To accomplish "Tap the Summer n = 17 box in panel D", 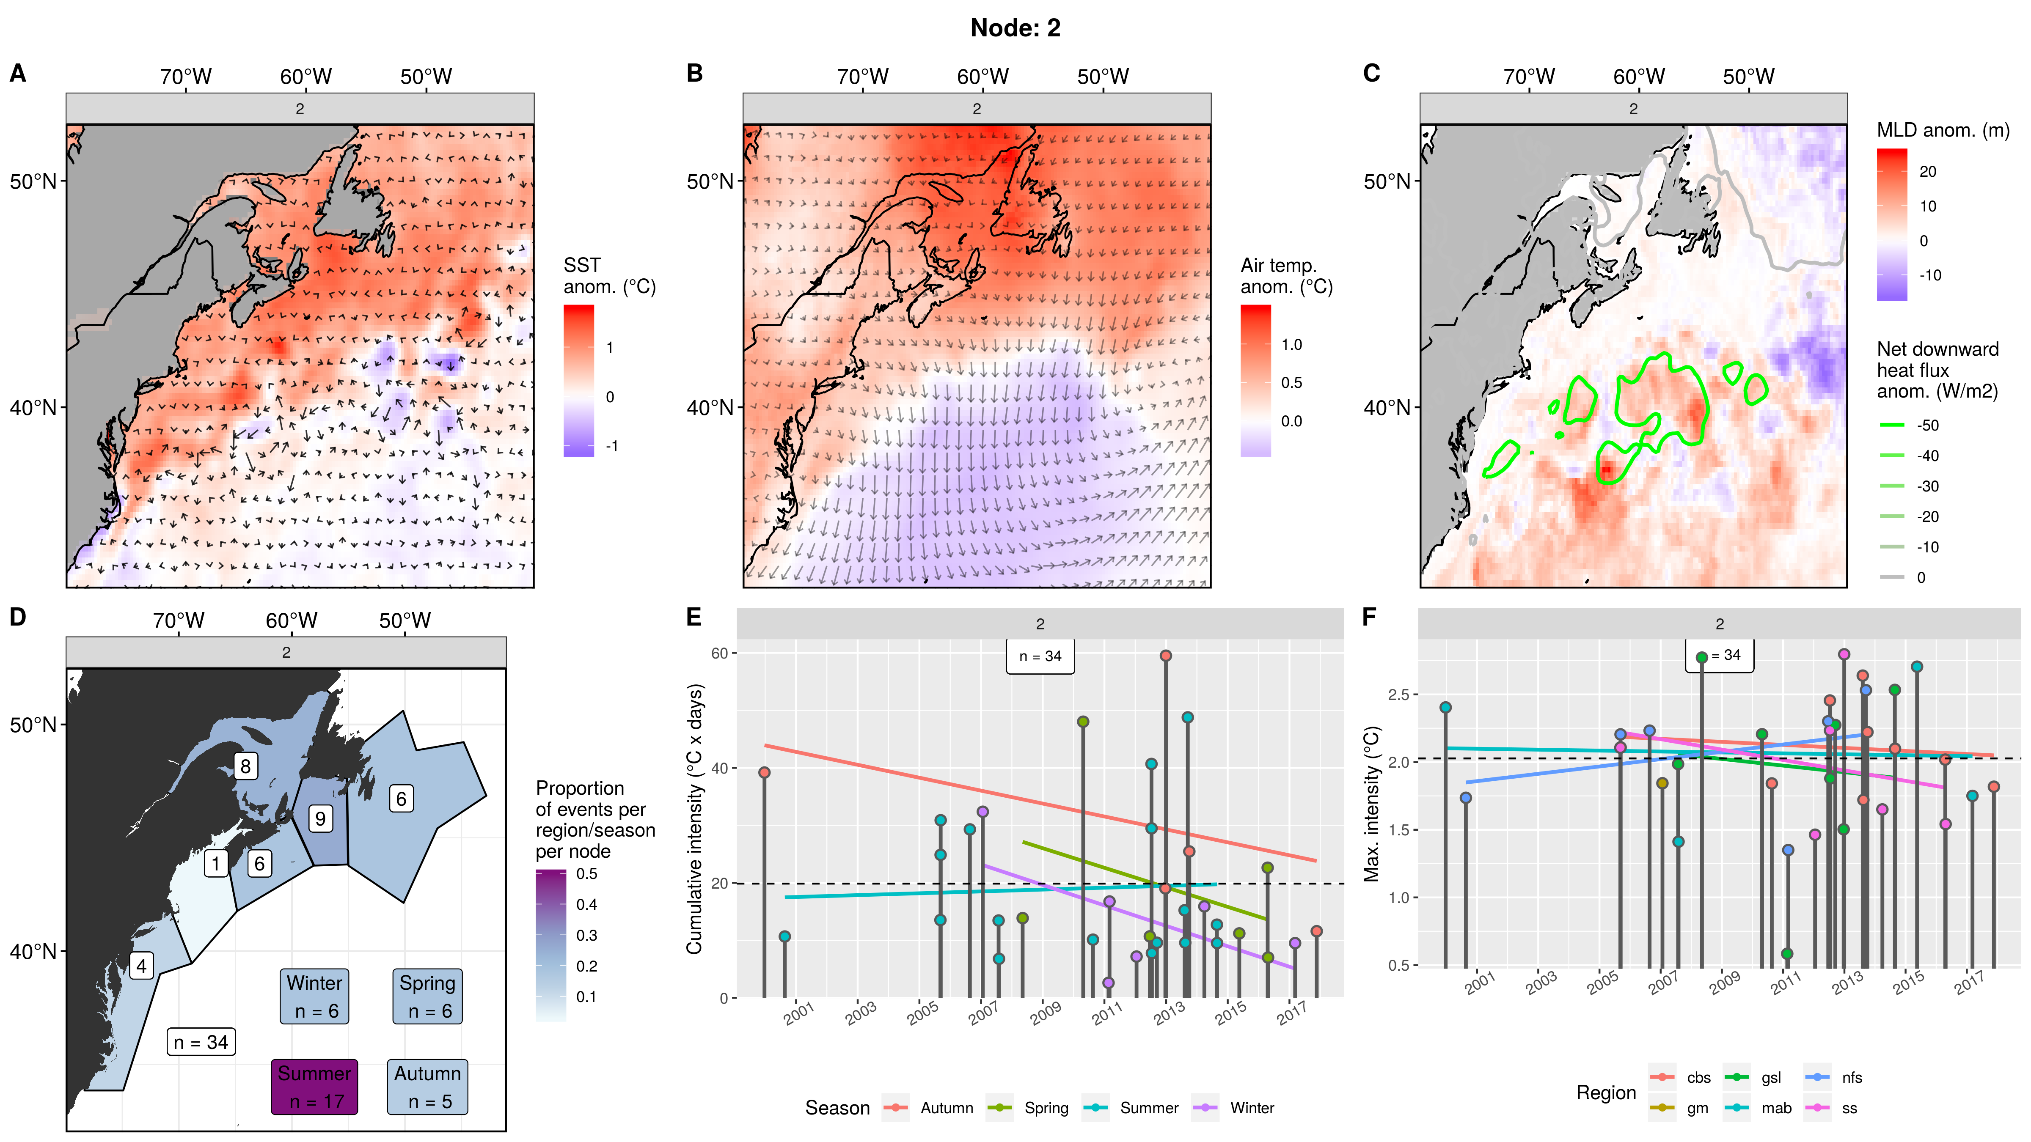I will click(314, 1087).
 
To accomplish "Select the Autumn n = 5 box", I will click(427, 1087).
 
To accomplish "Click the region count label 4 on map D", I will click(141, 966).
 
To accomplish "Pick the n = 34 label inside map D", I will click(201, 1042).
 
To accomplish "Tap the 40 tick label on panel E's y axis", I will click(719, 769).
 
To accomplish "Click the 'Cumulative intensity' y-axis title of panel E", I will click(694, 820).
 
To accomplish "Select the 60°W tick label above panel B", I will click(982, 77).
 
